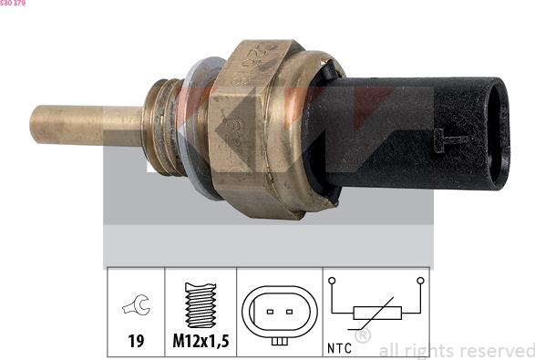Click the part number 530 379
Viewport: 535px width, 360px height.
(14, 4)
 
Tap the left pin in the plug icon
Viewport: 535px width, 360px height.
(269, 311)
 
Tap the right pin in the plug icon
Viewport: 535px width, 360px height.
(289, 311)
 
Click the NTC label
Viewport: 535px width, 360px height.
(340, 347)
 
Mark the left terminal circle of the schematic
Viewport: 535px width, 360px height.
(333, 281)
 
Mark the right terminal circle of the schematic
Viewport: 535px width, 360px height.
(420, 281)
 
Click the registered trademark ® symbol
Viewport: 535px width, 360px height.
(362, 336)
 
